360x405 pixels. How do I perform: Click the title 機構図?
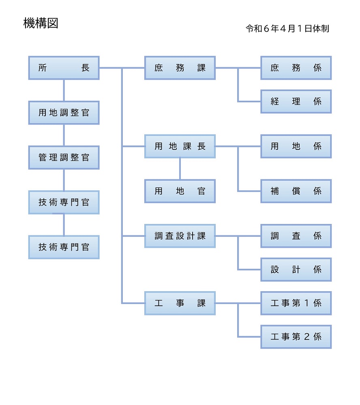tap(41, 23)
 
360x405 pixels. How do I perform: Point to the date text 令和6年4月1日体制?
tap(287, 29)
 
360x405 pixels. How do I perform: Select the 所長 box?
tap(64, 68)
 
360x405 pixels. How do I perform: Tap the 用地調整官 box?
tap(64, 113)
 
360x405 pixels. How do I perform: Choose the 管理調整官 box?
tap(64, 158)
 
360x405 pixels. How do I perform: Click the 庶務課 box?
tap(180, 68)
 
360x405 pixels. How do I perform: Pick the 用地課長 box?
tap(180, 146)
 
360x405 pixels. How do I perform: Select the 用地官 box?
tap(180, 191)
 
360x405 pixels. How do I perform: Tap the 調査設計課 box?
tap(180, 236)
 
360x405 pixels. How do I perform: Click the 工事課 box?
tap(180, 303)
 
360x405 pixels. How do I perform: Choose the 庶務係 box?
tap(296, 68)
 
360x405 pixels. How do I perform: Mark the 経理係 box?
tap(296, 101)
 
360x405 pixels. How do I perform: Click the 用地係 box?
tap(296, 146)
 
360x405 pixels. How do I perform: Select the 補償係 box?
tap(296, 191)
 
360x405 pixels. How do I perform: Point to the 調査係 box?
tap(296, 236)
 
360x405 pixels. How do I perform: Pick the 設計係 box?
tap(296, 269)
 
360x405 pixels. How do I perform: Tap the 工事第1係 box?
tap(296, 303)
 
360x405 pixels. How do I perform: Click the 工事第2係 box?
tap(296, 337)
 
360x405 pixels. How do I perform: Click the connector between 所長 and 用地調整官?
tap(64, 90)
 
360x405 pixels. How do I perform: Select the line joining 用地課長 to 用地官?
tap(180, 168)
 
